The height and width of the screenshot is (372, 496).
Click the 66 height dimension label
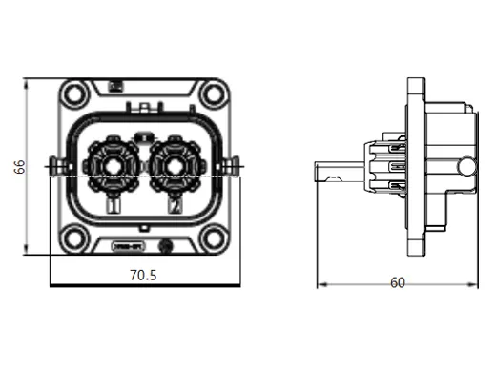pos(18,167)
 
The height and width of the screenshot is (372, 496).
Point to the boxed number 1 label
pos(114,205)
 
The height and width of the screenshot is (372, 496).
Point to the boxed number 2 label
pos(175,205)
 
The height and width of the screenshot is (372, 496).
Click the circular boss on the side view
pos(465,169)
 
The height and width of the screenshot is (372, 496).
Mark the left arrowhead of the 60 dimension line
pos(319,283)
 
